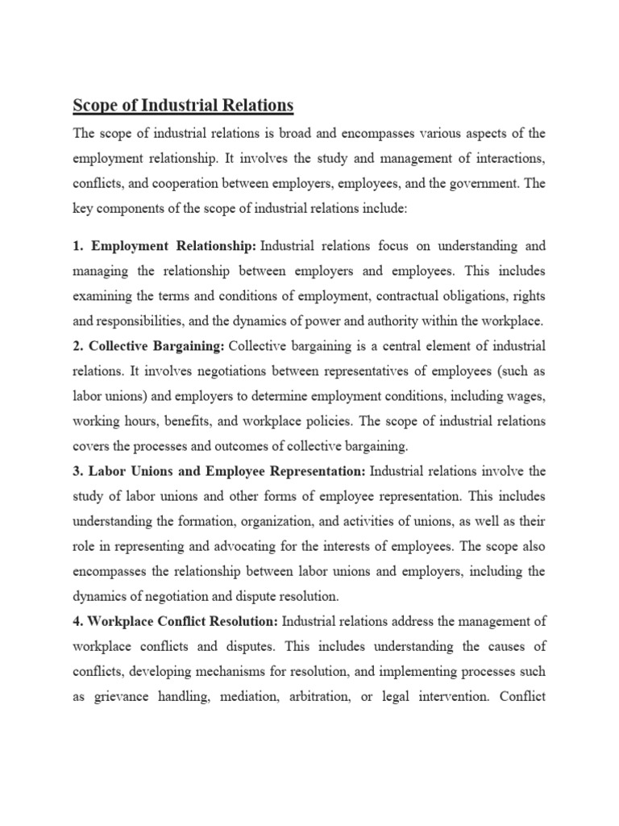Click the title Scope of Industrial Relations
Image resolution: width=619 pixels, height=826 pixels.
pyautogui.click(x=184, y=106)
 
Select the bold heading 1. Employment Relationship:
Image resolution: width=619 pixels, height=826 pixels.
pyautogui.click(x=164, y=244)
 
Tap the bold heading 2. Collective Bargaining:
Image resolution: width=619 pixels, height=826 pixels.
pyautogui.click(x=149, y=347)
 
